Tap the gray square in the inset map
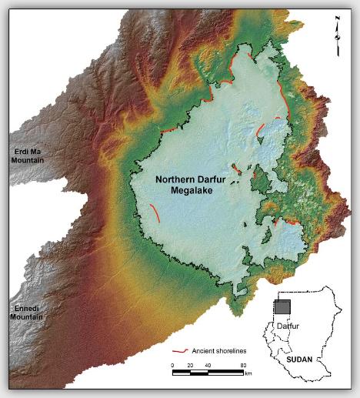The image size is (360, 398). click(283, 306)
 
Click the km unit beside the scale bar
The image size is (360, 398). click(248, 373)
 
